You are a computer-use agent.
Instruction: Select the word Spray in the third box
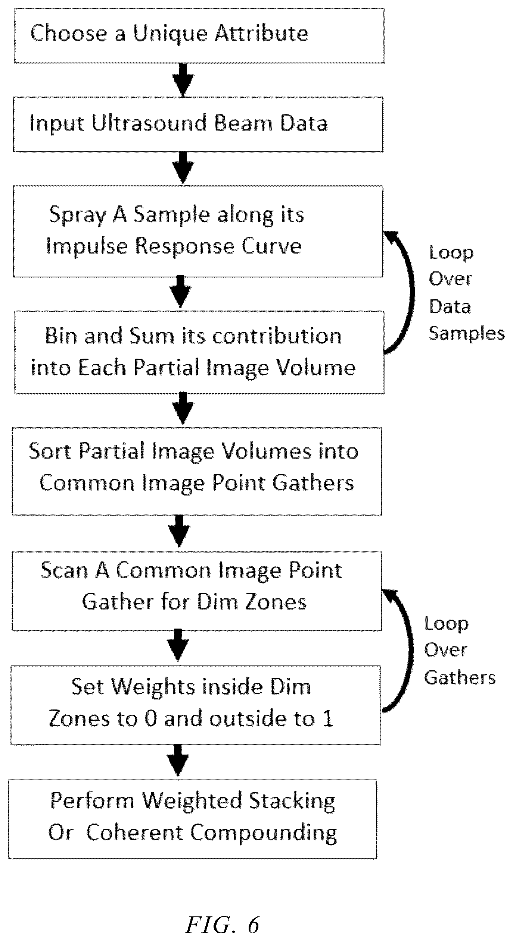click(77, 216)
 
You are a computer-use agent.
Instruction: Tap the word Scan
click(64, 570)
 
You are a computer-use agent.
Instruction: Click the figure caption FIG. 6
click(223, 921)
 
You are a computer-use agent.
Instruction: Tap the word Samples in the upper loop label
click(467, 333)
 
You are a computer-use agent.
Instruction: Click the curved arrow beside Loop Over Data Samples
click(412, 291)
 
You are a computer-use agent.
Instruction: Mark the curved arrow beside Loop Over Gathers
click(410, 651)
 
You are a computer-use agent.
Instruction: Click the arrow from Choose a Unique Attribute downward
click(183, 79)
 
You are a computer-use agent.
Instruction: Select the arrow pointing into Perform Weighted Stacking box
click(178, 761)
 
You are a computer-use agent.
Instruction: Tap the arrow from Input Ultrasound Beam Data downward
click(183, 167)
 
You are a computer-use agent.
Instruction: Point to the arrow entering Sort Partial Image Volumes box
click(183, 408)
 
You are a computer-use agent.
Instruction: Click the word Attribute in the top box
click(261, 33)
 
